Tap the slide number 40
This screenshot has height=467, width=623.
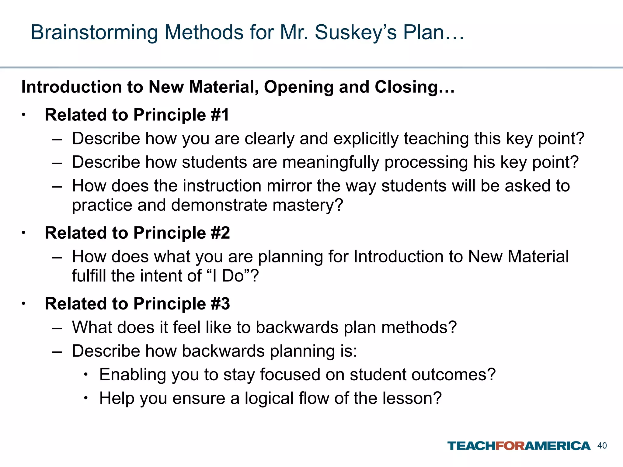coord(602,446)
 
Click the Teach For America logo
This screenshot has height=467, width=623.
coord(519,446)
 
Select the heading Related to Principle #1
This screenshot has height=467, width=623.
coord(137,115)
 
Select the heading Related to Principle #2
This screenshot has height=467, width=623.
coord(137,233)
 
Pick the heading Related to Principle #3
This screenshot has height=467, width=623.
coord(137,304)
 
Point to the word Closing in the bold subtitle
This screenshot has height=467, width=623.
coord(415,87)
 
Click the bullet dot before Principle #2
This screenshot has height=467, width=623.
coord(23,233)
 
